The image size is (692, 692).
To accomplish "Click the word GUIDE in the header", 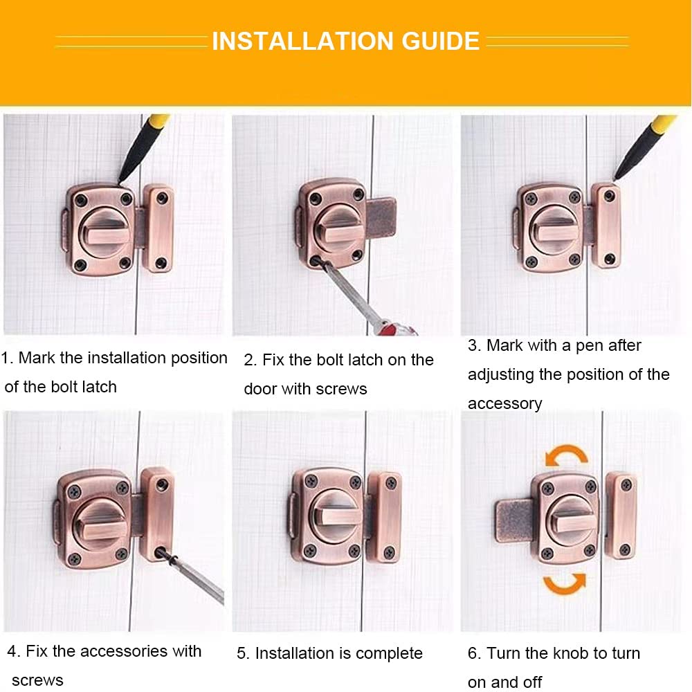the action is point(440,41).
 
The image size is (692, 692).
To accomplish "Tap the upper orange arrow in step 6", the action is point(566,454).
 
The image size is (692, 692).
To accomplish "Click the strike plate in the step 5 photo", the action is point(385,516).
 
